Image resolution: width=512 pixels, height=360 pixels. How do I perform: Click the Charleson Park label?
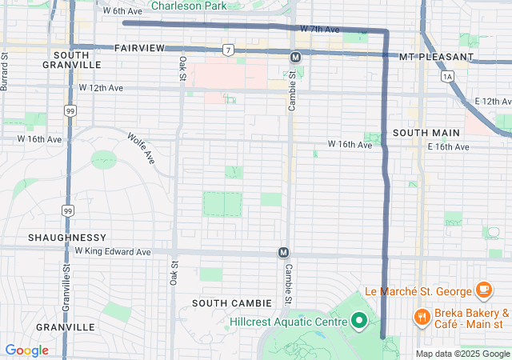tap(189, 6)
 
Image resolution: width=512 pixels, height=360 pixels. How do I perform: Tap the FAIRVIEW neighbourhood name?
tap(139, 48)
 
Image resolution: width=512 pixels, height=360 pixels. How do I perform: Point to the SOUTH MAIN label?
tap(426, 132)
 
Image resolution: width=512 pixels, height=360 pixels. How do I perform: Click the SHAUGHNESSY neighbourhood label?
tap(67, 238)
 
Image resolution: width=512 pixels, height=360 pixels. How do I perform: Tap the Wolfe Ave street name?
tap(140, 148)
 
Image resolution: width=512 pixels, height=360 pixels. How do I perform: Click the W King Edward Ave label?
tap(113, 251)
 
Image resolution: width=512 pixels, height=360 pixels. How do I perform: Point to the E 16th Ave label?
tap(448, 147)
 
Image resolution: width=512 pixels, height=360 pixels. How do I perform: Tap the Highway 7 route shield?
tap(229, 50)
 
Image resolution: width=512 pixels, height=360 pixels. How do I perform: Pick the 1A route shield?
tap(447, 76)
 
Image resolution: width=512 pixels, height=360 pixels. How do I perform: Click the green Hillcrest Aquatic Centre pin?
tap(359, 321)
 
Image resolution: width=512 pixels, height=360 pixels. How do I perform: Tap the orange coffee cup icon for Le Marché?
tap(483, 289)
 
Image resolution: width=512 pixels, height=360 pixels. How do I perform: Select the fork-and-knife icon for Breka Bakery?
tap(422, 318)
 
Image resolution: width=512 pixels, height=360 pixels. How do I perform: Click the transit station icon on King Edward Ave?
tap(283, 253)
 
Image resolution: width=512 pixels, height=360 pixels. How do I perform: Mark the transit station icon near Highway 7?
tap(295, 57)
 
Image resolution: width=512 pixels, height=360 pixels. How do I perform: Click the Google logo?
tap(26, 350)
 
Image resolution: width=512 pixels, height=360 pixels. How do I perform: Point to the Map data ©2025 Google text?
tap(462, 354)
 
